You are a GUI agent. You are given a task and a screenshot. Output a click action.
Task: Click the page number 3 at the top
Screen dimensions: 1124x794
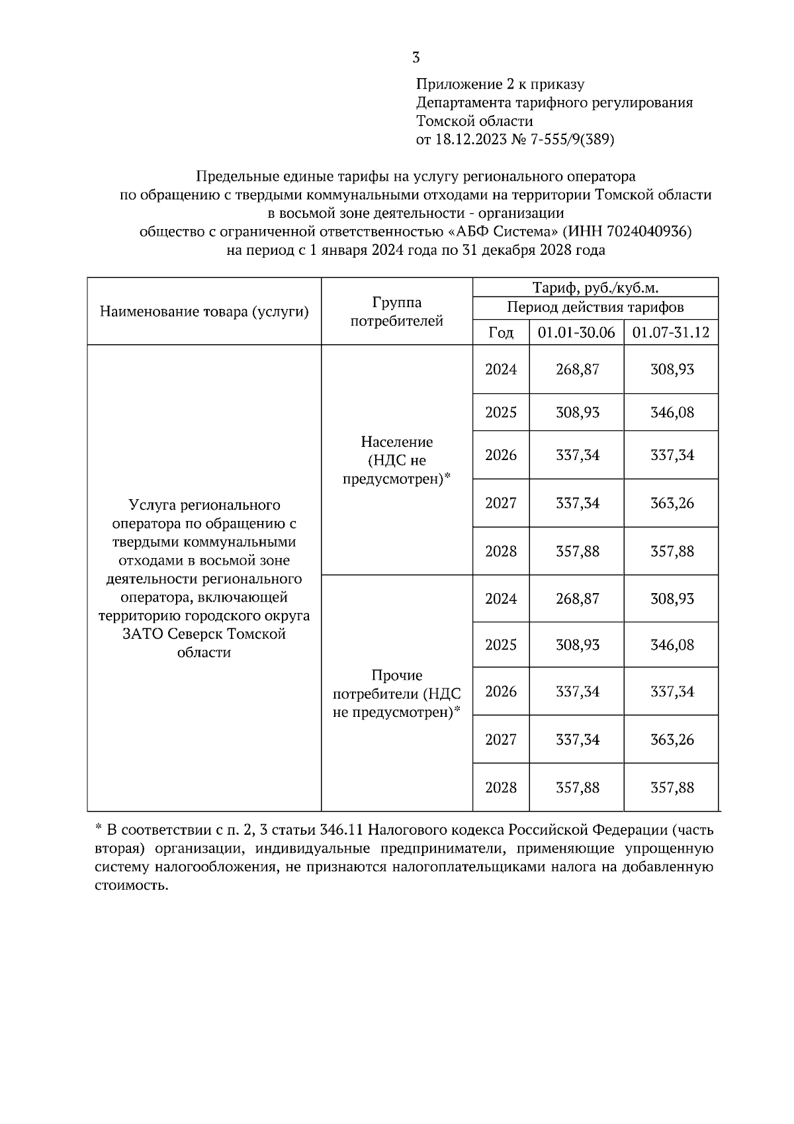tap(416, 58)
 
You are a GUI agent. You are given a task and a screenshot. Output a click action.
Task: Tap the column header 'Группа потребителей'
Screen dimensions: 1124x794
tap(396, 312)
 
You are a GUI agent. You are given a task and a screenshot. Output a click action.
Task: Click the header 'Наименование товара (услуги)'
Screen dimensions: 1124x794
tap(204, 312)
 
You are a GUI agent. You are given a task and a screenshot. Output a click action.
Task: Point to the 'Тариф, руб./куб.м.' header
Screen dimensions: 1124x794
tap(595, 288)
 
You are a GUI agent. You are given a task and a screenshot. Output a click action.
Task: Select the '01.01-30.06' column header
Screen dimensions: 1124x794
tap(576, 332)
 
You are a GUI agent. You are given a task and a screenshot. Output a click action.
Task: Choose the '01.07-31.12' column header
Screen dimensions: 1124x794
tap(671, 332)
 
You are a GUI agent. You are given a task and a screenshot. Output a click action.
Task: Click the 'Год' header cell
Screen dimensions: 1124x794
tap(501, 332)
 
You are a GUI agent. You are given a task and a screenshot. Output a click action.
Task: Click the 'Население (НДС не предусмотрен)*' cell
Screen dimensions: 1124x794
tap(396, 460)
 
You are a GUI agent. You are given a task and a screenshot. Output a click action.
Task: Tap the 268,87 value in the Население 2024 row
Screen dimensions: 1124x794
tap(577, 369)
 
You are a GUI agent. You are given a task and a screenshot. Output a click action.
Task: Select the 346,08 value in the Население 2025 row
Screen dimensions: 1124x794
tap(672, 412)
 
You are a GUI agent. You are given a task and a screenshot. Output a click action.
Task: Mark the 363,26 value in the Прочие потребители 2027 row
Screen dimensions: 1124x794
tap(672, 739)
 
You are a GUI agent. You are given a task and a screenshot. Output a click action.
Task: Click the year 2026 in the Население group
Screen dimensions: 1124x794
tap(501, 455)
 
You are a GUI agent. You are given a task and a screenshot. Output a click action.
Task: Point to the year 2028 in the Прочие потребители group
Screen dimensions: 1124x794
tap(501, 788)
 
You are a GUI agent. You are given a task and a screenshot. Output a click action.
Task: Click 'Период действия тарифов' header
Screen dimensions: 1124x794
tap(595, 307)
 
